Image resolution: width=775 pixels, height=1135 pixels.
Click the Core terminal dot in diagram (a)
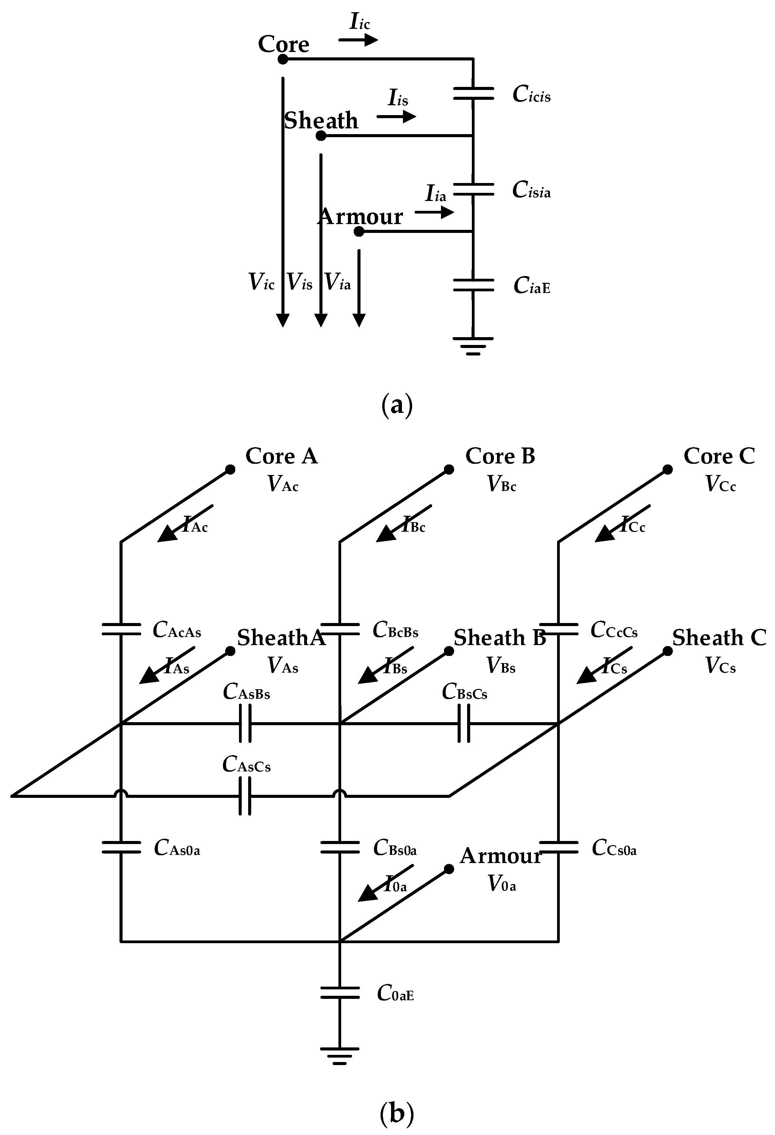(283, 59)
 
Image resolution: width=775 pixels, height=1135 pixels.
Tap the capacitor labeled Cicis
(473, 93)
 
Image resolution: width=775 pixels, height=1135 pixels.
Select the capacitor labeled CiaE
(473, 285)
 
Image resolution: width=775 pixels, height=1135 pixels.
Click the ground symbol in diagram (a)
(473, 346)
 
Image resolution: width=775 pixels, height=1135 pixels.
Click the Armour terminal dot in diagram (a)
(359, 232)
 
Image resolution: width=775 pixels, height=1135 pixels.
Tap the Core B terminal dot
(449, 469)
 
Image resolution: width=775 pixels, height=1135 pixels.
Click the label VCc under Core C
(720, 484)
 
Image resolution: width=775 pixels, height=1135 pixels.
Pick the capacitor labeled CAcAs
(121, 629)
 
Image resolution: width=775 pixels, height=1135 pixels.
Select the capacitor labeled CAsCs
(245, 796)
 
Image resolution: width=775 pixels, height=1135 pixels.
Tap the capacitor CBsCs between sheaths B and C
(464, 724)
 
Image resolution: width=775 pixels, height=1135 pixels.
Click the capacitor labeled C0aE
(340, 992)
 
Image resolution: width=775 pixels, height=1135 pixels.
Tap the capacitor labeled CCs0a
(559, 847)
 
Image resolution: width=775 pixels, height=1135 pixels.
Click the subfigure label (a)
(396, 405)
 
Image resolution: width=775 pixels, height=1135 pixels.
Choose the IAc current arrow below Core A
(185, 523)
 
